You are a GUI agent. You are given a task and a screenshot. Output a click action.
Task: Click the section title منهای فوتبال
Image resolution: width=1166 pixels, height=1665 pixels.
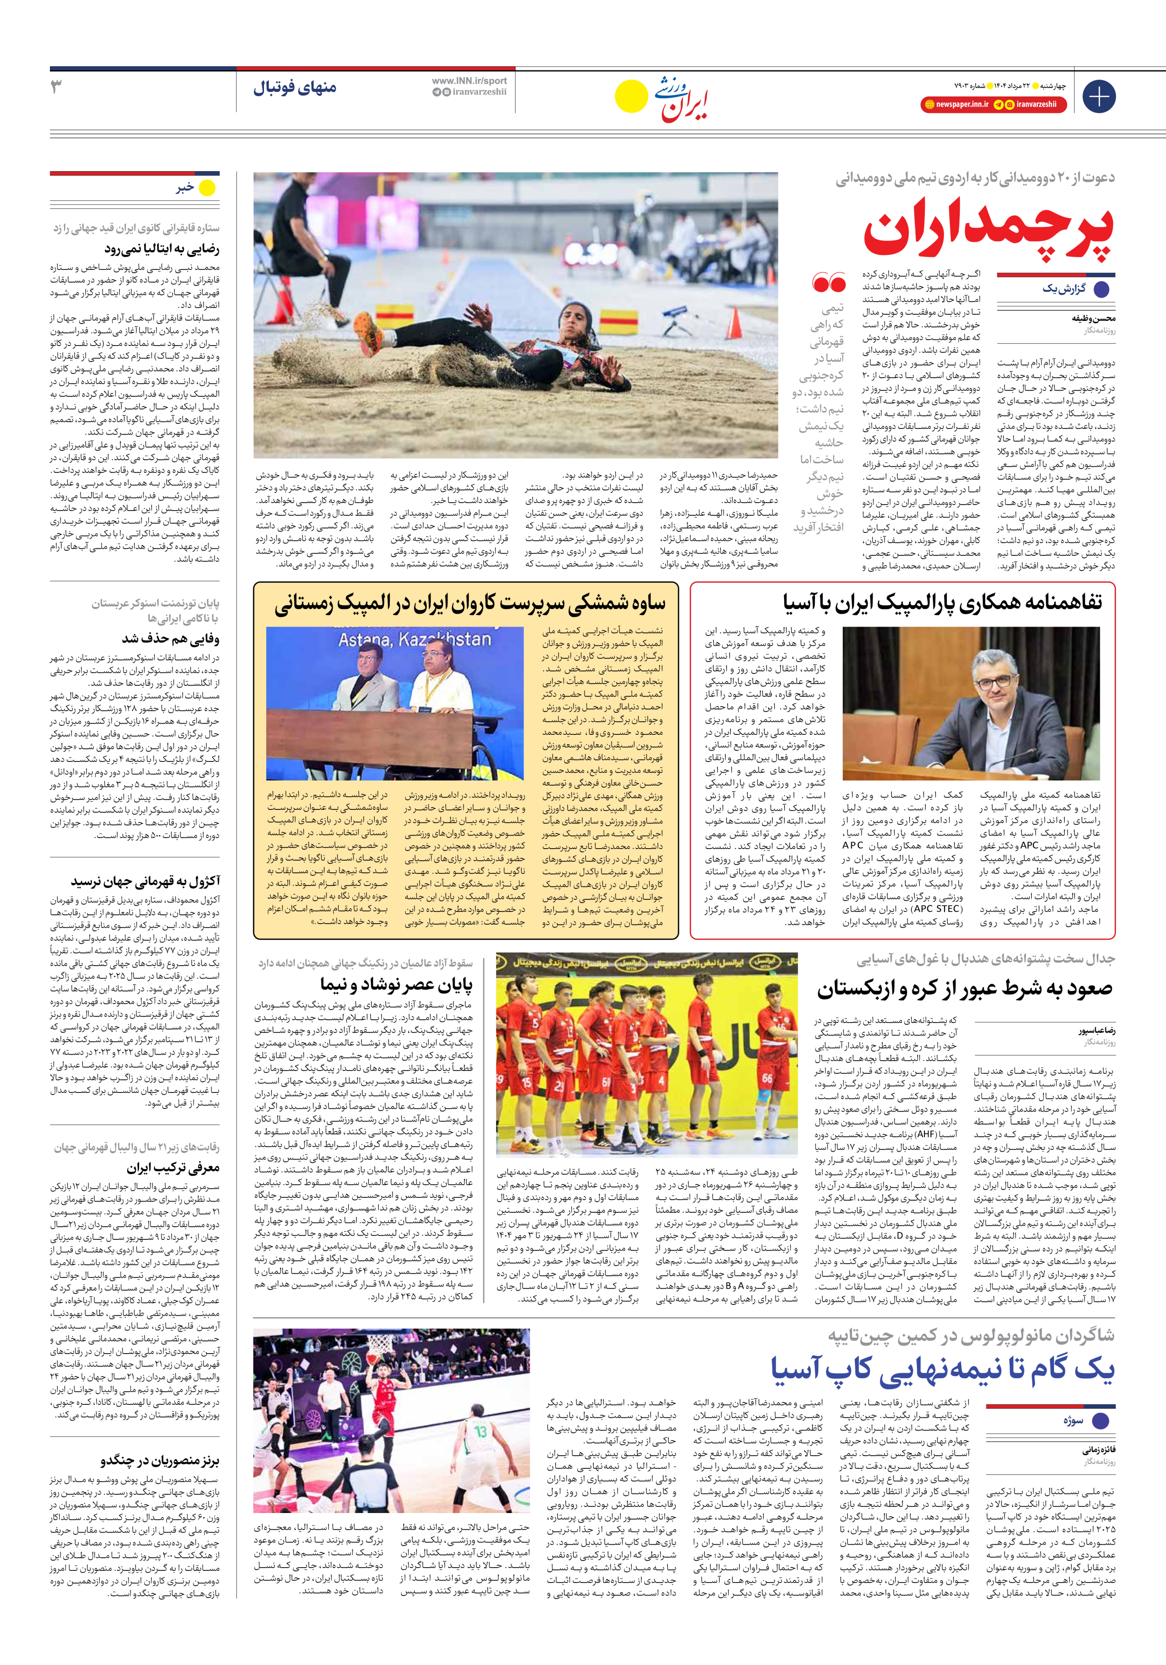[x=295, y=88]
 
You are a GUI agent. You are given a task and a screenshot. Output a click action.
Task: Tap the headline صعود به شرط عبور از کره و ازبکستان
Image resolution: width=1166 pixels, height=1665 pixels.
[x=965, y=988]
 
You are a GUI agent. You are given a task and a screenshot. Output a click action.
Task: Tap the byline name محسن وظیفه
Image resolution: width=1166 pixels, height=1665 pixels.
[x=1093, y=318]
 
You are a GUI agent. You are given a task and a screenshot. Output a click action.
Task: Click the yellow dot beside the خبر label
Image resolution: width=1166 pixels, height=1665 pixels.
[x=208, y=188]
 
